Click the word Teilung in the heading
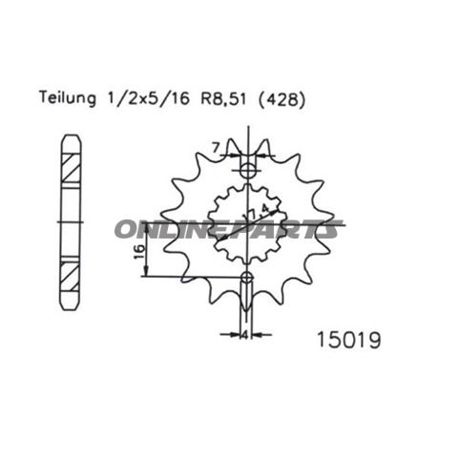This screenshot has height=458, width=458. [x=66, y=97]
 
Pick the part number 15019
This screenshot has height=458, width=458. [x=346, y=337]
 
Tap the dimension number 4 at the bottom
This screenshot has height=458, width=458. [x=246, y=335]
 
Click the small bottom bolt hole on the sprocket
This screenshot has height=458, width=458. [x=248, y=280]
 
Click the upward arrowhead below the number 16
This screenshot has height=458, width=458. [x=144, y=272]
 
